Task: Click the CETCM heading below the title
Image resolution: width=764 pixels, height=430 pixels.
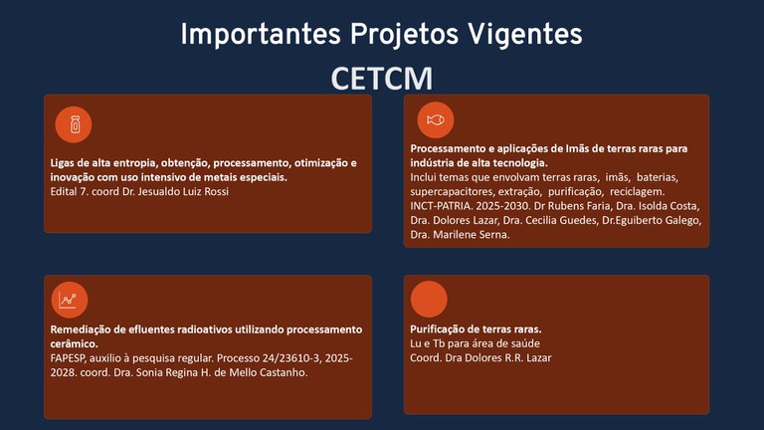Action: [x=382, y=78]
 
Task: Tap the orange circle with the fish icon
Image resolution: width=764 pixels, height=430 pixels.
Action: [x=435, y=119]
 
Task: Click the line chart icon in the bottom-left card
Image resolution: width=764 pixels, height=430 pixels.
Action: [x=69, y=299]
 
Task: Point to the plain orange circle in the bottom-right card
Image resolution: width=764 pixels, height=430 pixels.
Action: [x=429, y=299]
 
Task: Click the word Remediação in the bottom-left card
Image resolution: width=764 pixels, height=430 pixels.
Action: [x=80, y=328]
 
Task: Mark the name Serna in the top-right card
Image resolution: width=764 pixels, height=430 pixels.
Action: [x=487, y=235]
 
